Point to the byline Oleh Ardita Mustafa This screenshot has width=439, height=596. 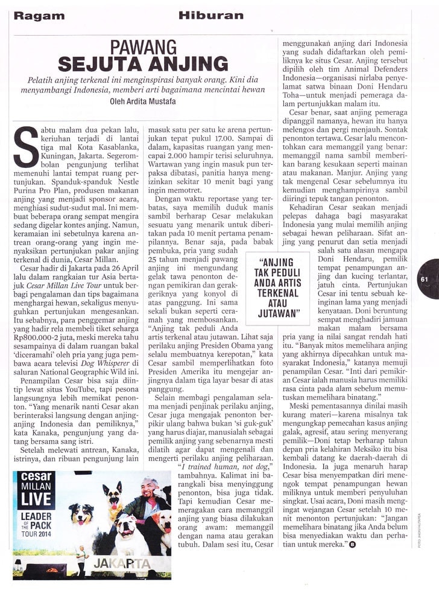click(x=142, y=101)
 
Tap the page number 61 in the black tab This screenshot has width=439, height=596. click(x=425, y=279)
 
